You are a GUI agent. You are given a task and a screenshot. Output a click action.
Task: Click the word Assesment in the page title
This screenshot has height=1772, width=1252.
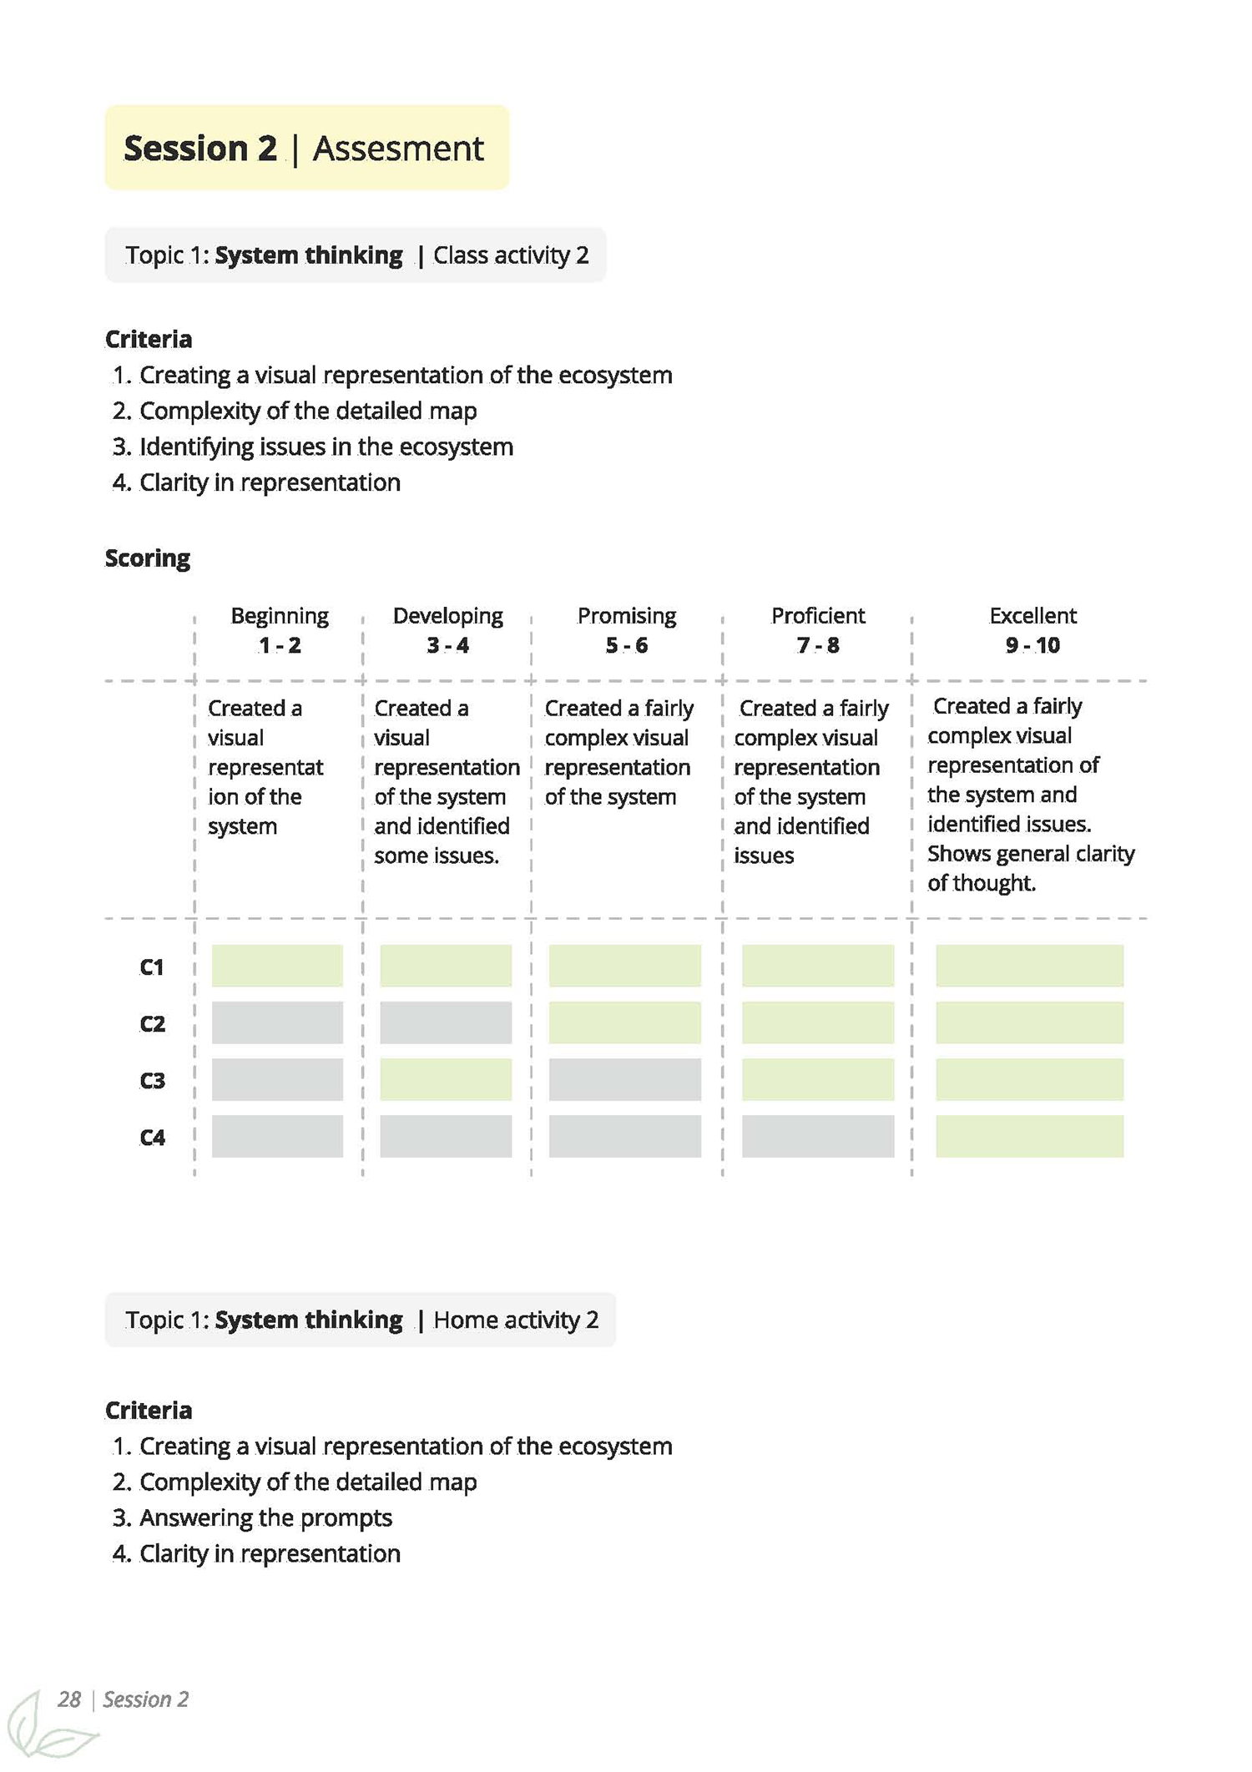pos(397,149)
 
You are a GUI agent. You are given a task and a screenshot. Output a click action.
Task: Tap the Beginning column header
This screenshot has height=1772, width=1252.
pos(280,616)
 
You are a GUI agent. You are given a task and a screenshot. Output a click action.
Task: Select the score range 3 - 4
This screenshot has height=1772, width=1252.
pos(447,645)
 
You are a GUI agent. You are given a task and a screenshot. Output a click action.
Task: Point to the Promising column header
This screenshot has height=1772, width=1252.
pos(626,616)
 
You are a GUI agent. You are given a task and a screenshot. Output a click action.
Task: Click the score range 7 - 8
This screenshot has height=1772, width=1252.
pos(817,645)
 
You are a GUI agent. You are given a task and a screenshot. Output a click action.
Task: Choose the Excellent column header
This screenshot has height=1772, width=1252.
pos(1032,616)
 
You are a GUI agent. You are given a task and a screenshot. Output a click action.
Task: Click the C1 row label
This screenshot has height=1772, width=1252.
pos(152,967)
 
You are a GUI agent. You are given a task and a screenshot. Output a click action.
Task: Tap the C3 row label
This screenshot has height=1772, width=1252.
pos(152,1081)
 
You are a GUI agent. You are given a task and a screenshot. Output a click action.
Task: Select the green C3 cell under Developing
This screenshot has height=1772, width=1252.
pos(446,1079)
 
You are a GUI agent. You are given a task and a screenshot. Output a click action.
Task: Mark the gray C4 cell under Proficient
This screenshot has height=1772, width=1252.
pos(817,1136)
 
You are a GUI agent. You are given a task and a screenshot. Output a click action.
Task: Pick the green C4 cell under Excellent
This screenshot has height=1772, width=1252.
pos(1029,1136)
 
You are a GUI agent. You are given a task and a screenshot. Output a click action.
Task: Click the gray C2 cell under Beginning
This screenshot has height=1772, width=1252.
pos(277,1022)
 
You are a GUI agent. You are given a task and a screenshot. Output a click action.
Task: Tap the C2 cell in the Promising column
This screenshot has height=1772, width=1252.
pos(624,1022)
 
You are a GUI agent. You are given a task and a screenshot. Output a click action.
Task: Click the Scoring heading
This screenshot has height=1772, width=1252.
pos(148,558)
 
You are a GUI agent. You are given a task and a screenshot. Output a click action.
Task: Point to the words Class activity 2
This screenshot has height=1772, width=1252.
pos(511,255)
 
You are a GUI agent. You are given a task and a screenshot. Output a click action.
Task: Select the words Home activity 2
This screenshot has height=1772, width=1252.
pos(516,1320)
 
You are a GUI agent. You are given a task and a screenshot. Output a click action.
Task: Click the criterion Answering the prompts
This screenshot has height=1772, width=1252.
pos(265,1517)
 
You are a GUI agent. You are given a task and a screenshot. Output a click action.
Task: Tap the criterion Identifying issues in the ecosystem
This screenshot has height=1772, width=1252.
pos(326,447)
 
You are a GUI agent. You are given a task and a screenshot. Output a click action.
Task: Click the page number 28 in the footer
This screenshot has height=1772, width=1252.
pos(69,1699)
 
